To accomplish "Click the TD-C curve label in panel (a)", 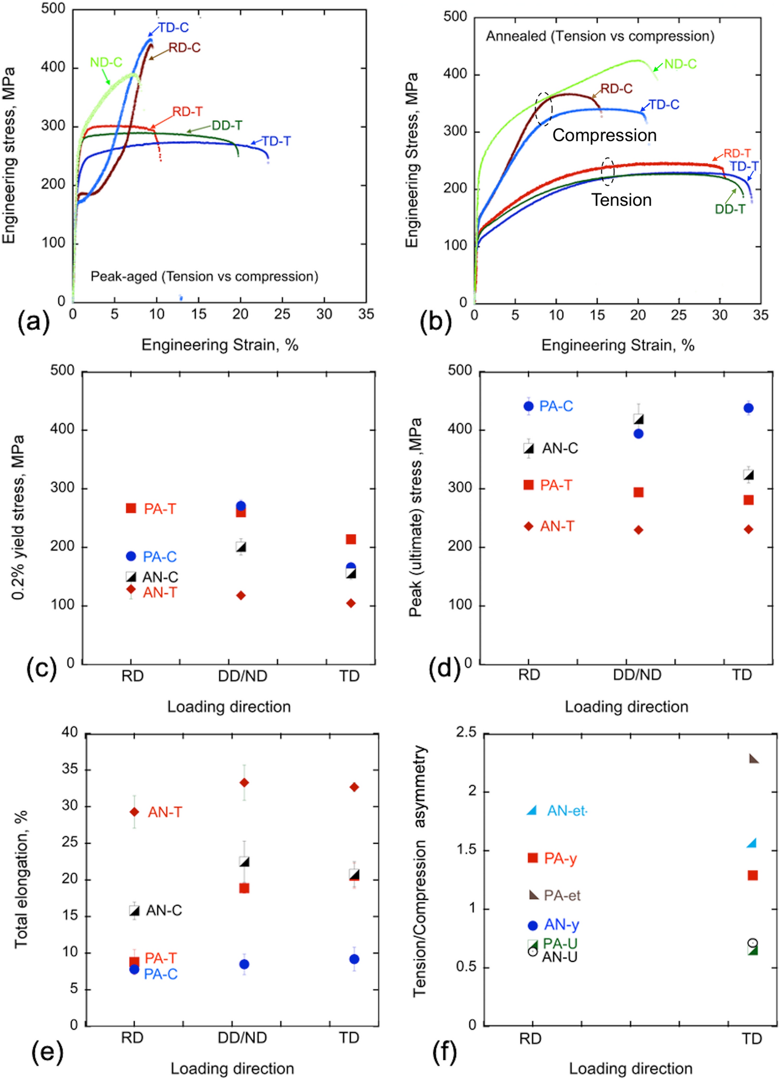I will (x=173, y=28).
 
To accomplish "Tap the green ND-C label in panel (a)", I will (x=106, y=62).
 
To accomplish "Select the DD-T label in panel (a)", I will (x=227, y=125).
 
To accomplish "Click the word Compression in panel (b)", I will (x=604, y=135).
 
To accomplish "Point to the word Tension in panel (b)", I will (x=621, y=200).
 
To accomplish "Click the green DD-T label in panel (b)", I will (x=730, y=209).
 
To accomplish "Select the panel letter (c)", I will (x=41, y=668).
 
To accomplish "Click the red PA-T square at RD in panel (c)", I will (x=131, y=508).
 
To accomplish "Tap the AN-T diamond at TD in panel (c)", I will (x=351, y=603).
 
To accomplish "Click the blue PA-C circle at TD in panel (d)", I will (x=748, y=408).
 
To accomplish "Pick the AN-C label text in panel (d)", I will (x=560, y=448).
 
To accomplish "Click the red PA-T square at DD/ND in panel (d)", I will (x=638, y=492).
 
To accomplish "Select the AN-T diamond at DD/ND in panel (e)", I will (x=244, y=783).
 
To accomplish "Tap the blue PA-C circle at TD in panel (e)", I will (x=354, y=959).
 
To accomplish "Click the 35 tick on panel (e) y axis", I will (x=70, y=769).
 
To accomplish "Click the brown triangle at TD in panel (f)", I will (x=753, y=759).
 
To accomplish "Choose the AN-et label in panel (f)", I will (x=567, y=811).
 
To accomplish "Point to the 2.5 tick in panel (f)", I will (x=466, y=732).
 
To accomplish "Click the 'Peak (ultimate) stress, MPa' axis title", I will (x=415, y=518).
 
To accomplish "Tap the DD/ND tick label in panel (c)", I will (x=242, y=676).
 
